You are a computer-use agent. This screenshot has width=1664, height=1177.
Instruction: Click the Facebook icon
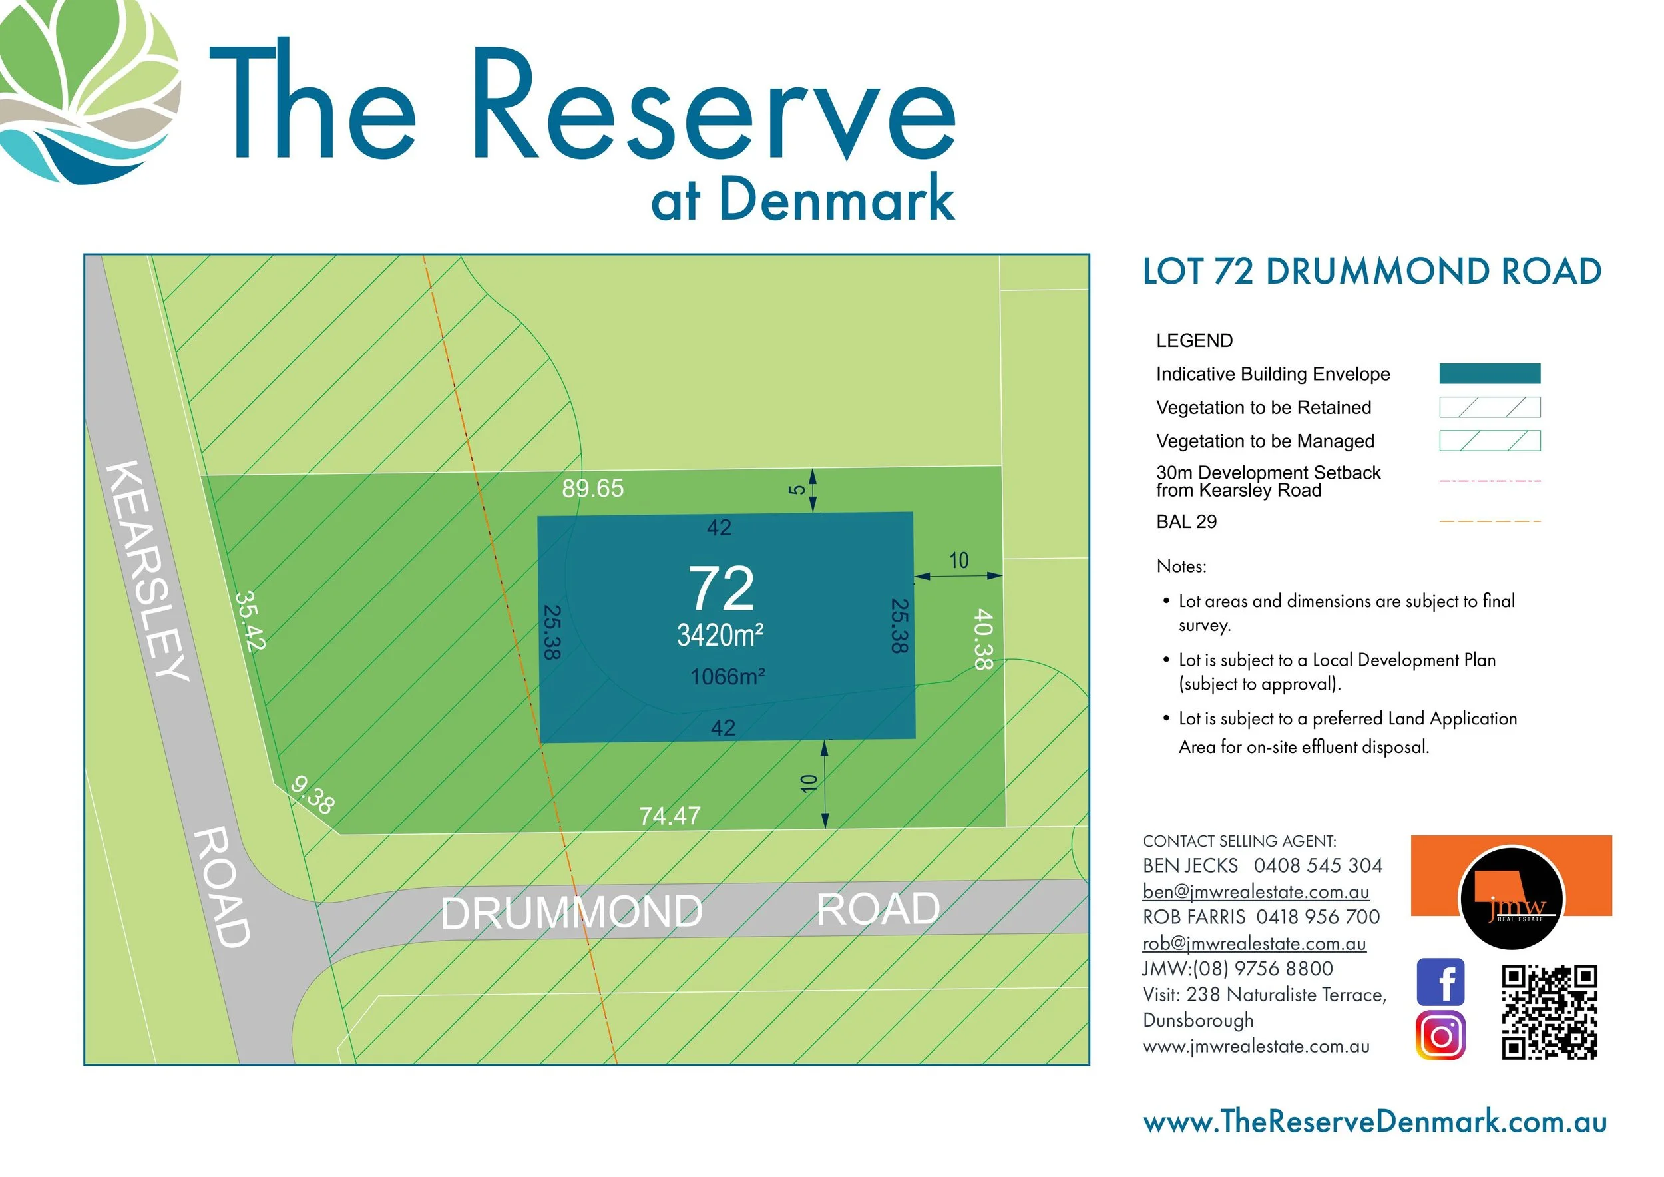[1440, 982]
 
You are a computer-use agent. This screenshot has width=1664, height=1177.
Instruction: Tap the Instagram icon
[1440, 1036]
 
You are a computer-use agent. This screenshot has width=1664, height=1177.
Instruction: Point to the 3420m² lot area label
[720, 636]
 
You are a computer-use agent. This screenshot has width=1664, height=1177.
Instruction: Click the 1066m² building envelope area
[728, 677]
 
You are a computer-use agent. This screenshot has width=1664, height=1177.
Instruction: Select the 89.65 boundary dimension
[592, 489]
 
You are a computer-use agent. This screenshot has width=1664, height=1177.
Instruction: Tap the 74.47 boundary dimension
[670, 816]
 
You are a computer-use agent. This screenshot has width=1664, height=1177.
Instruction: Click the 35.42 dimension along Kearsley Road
[251, 621]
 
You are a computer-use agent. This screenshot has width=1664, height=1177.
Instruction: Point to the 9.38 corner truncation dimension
[312, 795]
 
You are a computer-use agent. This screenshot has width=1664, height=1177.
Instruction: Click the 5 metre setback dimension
[797, 489]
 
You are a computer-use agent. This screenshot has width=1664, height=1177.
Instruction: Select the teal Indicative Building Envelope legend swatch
[1490, 373]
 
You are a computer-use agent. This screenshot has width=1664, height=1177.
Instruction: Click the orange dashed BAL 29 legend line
[1490, 521]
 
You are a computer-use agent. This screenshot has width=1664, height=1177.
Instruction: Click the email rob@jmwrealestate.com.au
[1254, 943]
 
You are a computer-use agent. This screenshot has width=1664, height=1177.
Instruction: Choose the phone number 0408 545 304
[1318, 865]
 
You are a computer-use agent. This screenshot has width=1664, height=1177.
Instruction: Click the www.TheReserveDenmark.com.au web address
[1375, 1122]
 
